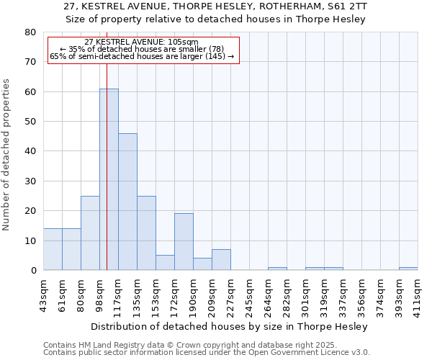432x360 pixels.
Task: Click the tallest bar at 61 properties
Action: [109, 179]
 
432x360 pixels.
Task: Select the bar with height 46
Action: [127, 202]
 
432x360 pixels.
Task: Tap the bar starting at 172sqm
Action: [184, 242]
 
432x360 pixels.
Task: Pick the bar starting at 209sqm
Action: [221, 260]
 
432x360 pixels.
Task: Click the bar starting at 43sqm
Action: [53, 249]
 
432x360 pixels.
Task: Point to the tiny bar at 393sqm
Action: [408, 269]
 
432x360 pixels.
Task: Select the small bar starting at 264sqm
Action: [277, 269]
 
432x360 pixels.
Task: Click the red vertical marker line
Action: [107, 144]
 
